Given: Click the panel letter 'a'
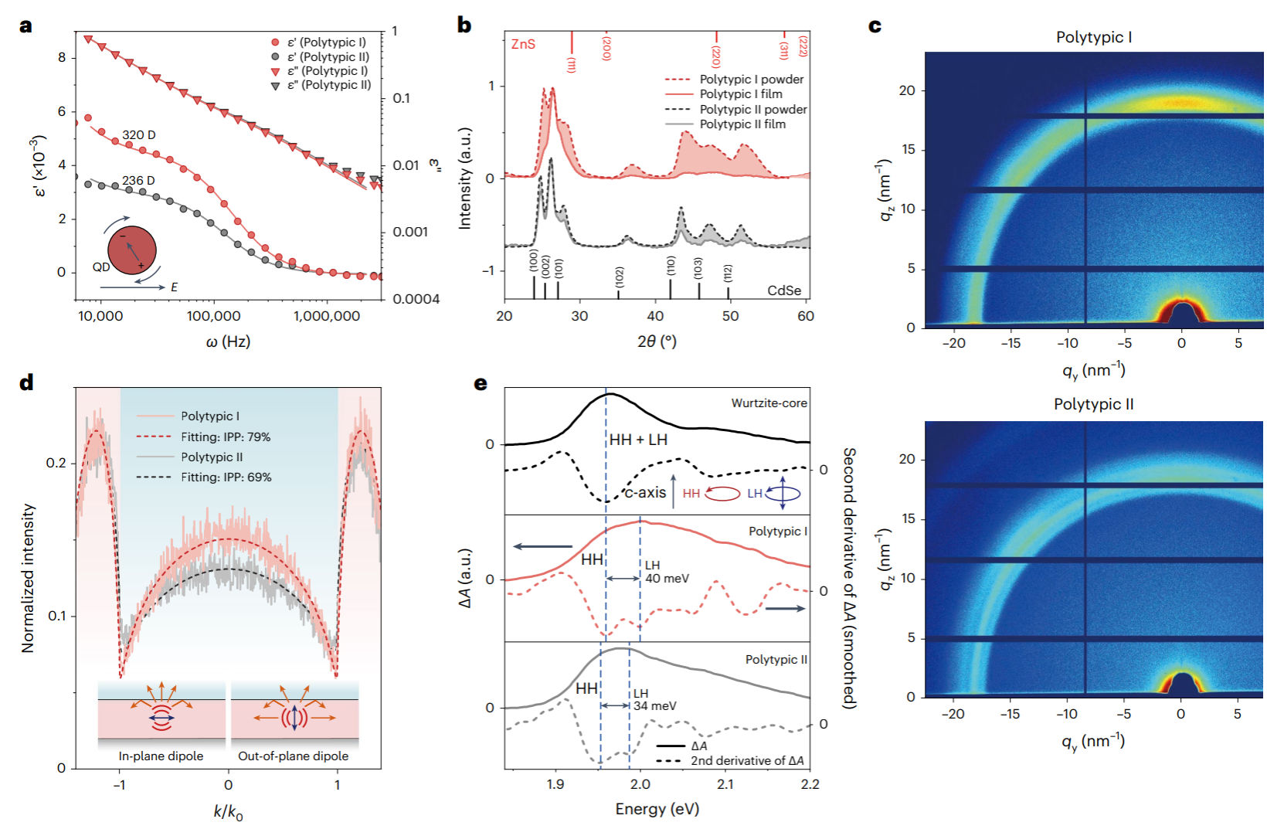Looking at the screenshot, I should click(26, 26).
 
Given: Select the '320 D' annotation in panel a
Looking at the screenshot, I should click(138, 135).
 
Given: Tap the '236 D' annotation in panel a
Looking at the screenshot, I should click(138, 181).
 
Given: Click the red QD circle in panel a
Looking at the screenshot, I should click(132, 250).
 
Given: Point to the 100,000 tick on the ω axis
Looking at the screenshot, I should click(213, 316).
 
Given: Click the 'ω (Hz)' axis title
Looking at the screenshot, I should click(228, 341).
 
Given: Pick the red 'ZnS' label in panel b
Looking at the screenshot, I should click(523, 44).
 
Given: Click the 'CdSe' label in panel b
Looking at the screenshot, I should click(783, 290).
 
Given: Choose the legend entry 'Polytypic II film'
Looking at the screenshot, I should click(742, 124).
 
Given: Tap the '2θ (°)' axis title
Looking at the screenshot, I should click(657, 341).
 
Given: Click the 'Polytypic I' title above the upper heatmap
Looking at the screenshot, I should click(1093, 37).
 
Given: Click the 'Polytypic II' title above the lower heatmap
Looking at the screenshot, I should click(1093, 404).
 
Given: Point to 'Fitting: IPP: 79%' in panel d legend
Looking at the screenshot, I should click(226, 437).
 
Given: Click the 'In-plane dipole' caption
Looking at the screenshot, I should click(161, 756).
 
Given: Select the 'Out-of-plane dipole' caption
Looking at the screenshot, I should click(293, 756).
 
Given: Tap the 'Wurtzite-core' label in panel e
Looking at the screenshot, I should click(769, 403).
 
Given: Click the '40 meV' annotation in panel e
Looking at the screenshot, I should click(667, 579).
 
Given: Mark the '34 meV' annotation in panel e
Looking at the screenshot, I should click(654, 706).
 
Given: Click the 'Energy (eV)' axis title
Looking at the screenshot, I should click(657, 809).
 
